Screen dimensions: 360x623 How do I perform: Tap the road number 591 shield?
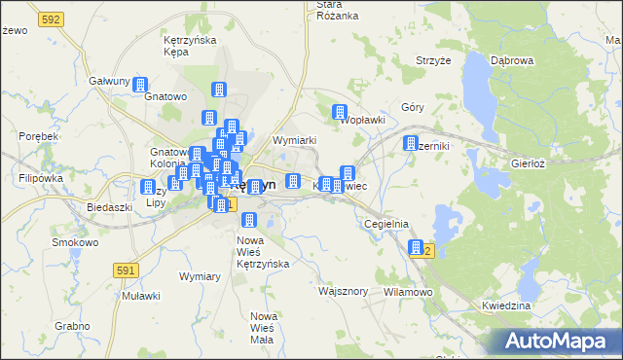[x=126, y=269]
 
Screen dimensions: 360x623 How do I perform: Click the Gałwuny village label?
[x=109, y=81]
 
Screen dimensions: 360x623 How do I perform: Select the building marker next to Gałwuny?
[x=139, y=86]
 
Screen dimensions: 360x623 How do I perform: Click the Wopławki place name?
[x=363, y=120]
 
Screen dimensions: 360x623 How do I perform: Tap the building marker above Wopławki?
[x=340, y=112]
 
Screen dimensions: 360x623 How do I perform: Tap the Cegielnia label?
[x=385, y=224]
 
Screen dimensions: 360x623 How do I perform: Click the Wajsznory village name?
[x=343, y=290]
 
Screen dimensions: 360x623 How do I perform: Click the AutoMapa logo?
[x=557, y=341]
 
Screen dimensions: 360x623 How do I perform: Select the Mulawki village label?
[x=135, y=295]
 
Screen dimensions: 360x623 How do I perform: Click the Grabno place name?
[x=72, y=326]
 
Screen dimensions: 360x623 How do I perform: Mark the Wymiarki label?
[x=296, y=140]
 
